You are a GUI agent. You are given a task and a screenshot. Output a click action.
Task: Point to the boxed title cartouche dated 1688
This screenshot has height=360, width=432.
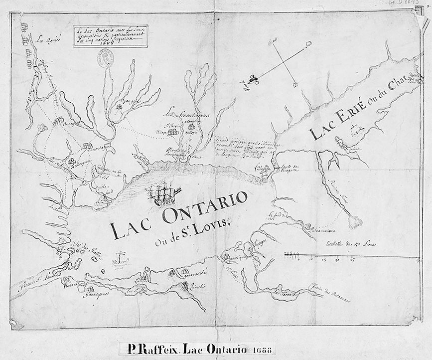click(x=111, y=36)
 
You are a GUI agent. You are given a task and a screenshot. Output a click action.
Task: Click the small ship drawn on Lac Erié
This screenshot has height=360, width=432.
click(x=355, y=132)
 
